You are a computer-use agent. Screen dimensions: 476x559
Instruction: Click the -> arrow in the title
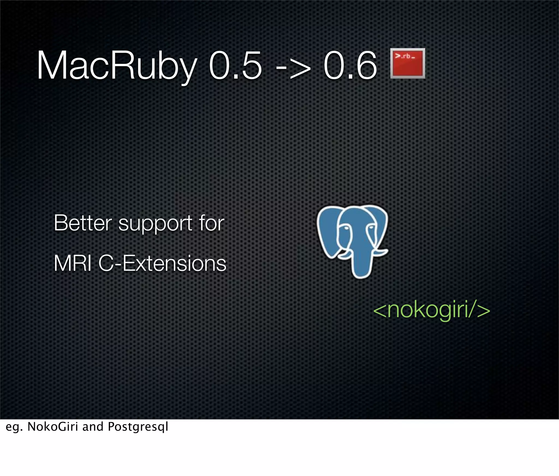(x=293, y=68)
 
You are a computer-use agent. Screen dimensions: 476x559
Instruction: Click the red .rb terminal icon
(x=408, y=63)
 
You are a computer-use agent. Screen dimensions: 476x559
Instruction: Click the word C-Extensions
(x=162, y=263)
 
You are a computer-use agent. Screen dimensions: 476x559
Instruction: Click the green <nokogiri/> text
(x=432, y=310)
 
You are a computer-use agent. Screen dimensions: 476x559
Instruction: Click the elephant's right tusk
(x=379, y=252)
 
